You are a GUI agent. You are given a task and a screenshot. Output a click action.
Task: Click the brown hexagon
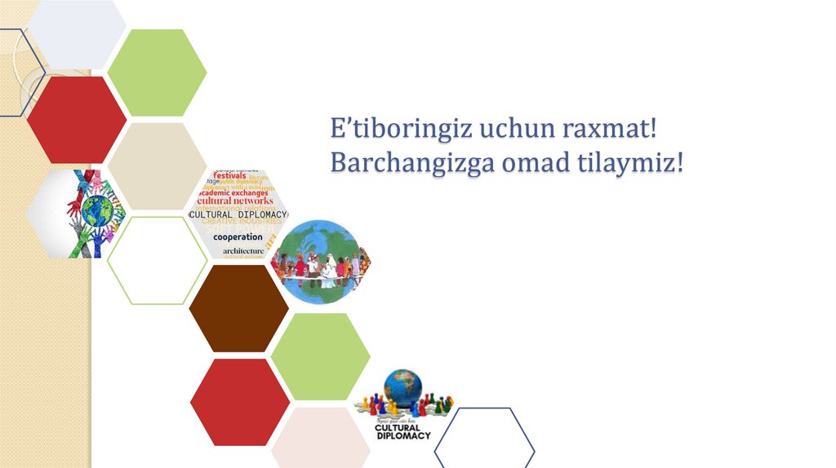pyautogui.click(x=238, y=308)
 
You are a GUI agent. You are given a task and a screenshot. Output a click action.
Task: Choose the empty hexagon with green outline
pyautogui.click(x=157, y=260)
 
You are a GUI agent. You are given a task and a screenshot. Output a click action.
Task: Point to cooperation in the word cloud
pyautogui.click(x=238, y=236)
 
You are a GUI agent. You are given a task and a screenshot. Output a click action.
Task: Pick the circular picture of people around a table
pyautogui.click(x=319, y=262)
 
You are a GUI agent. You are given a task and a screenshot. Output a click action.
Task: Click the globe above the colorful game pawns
pyautogui.click(x=402, y=384)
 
